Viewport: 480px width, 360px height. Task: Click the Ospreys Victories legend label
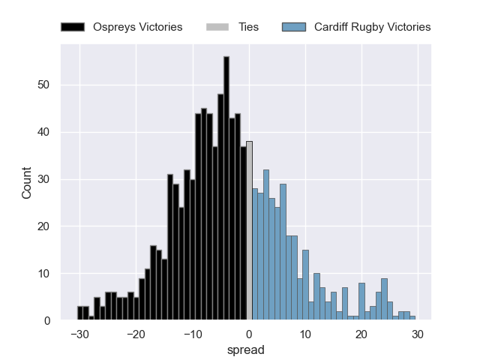137,27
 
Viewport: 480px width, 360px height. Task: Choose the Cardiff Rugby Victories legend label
372,27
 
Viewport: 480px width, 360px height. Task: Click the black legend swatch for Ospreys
73,27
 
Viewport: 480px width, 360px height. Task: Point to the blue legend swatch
294,27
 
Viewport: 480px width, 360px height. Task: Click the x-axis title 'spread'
249,349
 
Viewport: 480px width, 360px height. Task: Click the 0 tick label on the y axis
46,321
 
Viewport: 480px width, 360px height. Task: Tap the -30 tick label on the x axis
79,334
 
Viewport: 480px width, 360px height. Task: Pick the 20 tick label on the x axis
361,334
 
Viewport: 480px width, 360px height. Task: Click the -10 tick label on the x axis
192,334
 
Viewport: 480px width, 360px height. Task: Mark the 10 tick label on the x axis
305,334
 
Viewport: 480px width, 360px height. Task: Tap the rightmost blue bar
412,318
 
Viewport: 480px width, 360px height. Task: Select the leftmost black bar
80,313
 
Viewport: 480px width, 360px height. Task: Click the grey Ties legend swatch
217,27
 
